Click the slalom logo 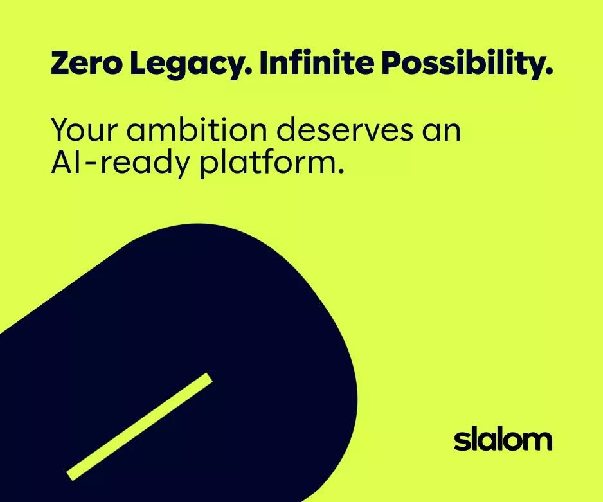click(503, 440)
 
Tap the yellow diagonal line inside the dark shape click(139, 426)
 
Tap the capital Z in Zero click(60, 64)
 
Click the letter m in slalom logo click(538, 441)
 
